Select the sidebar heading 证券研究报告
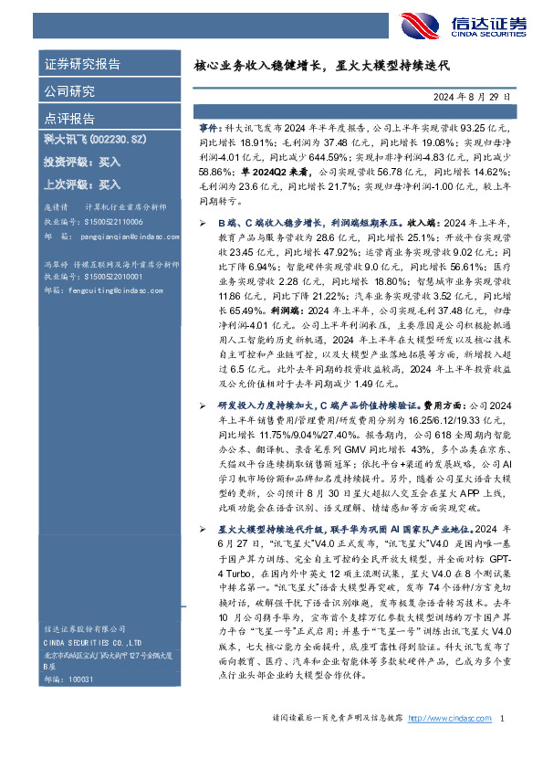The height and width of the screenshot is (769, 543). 82,65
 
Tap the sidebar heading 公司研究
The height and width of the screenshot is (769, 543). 69,91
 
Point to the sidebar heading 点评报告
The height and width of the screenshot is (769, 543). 69,119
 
